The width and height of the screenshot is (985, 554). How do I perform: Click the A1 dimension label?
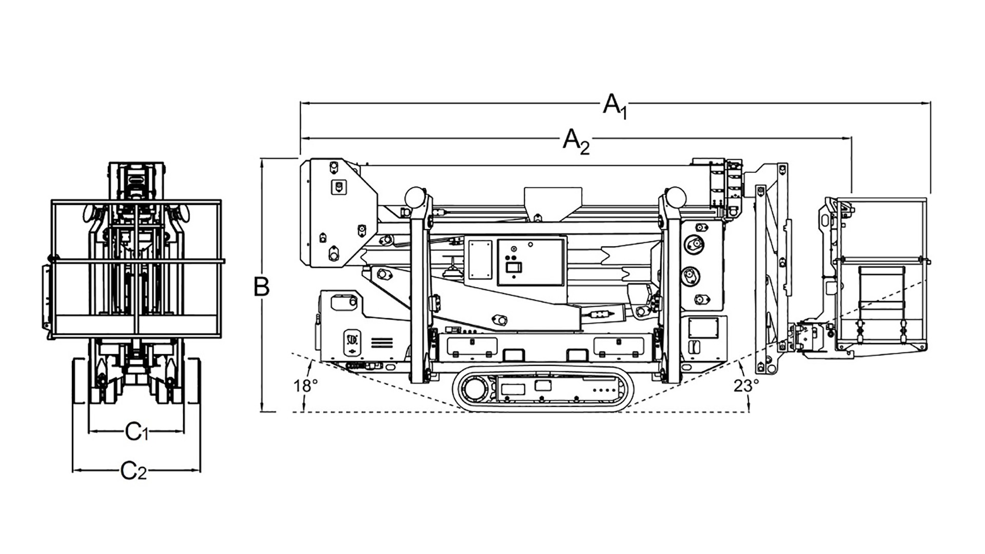(x=615, y=106)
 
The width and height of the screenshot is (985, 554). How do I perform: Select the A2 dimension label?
(x=576, y=141)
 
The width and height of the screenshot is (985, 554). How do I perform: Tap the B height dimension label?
(x=262, y=287)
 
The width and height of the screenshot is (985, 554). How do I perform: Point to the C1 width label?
(x=136, y=432)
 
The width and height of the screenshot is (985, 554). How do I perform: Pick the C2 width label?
(x=133, y=471)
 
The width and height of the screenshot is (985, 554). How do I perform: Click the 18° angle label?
(x=306, y=386)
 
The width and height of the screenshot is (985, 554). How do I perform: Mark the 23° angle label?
(x=746, y=386)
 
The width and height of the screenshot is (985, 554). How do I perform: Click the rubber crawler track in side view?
(x=543, y=389)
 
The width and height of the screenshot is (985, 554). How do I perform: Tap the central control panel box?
(x=531, y=262)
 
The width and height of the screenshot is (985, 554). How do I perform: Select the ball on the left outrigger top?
(x=415, y=196)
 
